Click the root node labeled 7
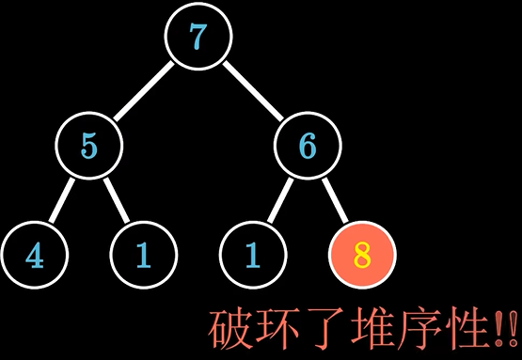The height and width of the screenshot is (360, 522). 198,38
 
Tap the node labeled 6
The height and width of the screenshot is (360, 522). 307,146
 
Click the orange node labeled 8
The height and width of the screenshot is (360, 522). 362,255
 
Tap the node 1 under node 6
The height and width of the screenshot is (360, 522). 252,255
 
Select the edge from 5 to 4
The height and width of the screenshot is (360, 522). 62,200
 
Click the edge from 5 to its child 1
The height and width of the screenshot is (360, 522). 116,200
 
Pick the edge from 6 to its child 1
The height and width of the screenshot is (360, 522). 279,200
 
